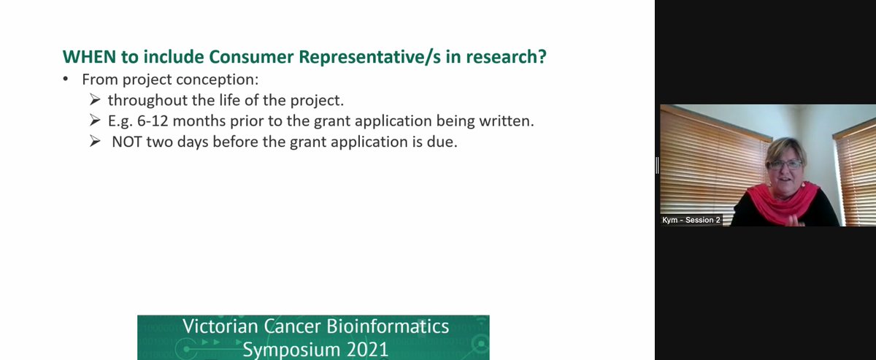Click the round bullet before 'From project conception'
67,80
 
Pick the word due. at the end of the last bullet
442,142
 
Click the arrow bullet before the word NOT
96,142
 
